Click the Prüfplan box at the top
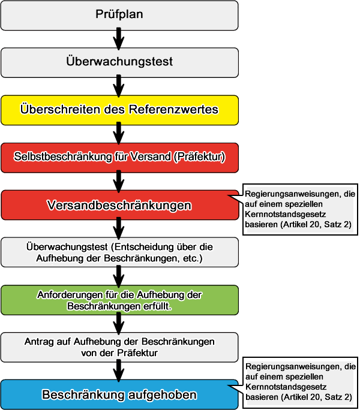119,15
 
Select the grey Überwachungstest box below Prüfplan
119,62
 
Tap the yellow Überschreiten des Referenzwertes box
119,110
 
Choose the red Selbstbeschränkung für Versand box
119,157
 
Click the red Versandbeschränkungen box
119,205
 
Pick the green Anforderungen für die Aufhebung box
119,300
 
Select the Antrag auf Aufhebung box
119,347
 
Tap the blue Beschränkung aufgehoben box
119,395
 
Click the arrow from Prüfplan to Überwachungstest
119,38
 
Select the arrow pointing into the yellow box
119,86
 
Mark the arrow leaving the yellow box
119,133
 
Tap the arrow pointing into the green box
119,276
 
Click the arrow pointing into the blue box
119,371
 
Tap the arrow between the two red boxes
119,180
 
